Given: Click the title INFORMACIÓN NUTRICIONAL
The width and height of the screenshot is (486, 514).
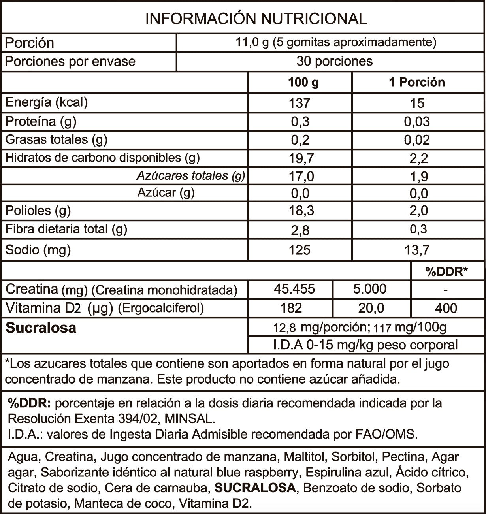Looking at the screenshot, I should click(256, 19).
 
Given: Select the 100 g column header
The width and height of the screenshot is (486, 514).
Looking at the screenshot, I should click(303, 82).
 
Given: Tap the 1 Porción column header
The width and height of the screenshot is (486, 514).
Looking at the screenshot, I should click(417, 82).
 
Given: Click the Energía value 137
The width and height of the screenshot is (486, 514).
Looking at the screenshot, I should click(300, 103).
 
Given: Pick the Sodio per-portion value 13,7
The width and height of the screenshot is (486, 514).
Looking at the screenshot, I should click(417, 250).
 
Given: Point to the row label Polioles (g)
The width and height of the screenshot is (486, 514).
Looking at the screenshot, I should click(38, 211).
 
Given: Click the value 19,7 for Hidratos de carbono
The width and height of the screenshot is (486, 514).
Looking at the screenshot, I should click(301, 158).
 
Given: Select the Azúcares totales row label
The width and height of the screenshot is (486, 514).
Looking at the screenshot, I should click(191, 175).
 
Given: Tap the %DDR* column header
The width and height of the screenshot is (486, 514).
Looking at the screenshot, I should click(446, 271).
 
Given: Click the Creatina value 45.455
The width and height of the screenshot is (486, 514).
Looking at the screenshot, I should click(294, 289).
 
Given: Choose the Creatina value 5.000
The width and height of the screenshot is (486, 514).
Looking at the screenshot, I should click(370, 289).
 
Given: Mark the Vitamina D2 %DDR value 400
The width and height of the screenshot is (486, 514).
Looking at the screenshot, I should click(446, 308).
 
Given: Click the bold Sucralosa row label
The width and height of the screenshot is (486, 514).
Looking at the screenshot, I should click(41, 328).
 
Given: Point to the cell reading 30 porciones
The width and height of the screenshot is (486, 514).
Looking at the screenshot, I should click(334, 61).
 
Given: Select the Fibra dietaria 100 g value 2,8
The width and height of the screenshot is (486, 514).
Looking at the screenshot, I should click(300, 230).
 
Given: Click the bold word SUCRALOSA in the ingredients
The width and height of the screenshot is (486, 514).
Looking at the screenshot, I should click(255, 488).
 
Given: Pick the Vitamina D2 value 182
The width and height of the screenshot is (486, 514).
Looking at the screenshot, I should click(292, 308).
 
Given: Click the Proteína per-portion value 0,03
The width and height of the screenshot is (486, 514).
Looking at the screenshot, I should click(417, 122).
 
